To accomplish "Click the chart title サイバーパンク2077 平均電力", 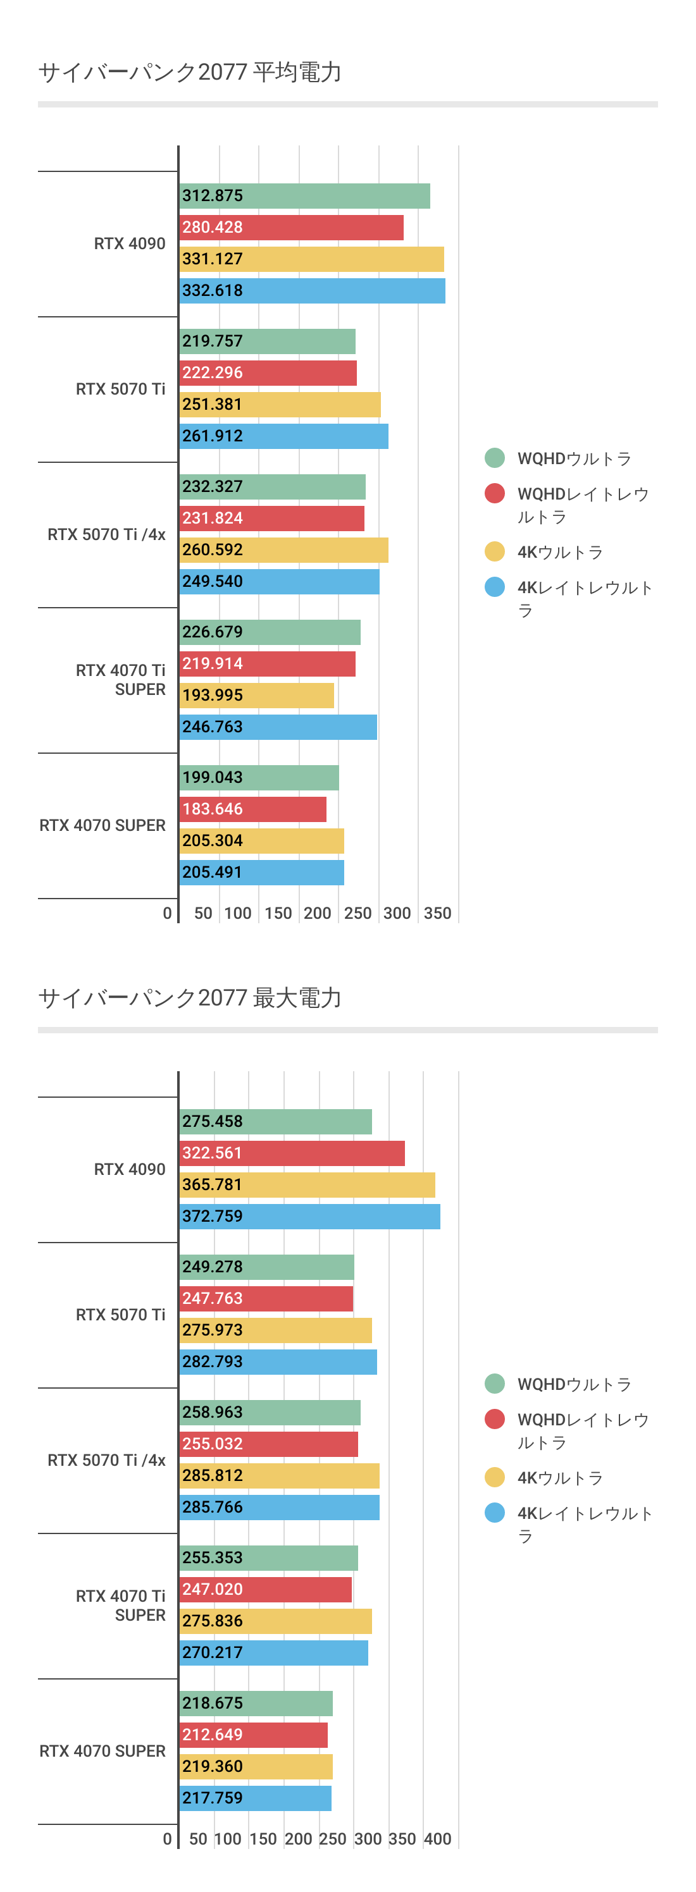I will point(190,72).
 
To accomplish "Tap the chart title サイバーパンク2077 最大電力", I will point(190,997).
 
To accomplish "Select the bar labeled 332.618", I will point(312,291).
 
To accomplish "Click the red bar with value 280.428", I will point(291,228).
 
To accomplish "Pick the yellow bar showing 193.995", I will point(256,696).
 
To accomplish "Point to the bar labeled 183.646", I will point(253,809).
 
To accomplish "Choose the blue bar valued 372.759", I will point(309,1216).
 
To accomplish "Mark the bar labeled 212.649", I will point(254,1735).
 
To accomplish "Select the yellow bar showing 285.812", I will point(279,1475).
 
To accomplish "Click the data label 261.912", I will point(213,436).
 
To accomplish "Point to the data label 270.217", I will point(213,1652).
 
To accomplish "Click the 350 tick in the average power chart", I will point(437,913).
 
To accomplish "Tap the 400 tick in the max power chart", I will point(437,1838).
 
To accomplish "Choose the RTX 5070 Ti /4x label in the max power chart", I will point(106,1460).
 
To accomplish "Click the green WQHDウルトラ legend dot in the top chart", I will point(495,458).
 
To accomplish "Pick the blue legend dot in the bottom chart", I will point(495,1513).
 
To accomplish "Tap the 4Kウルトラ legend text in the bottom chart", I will point(560,1478).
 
